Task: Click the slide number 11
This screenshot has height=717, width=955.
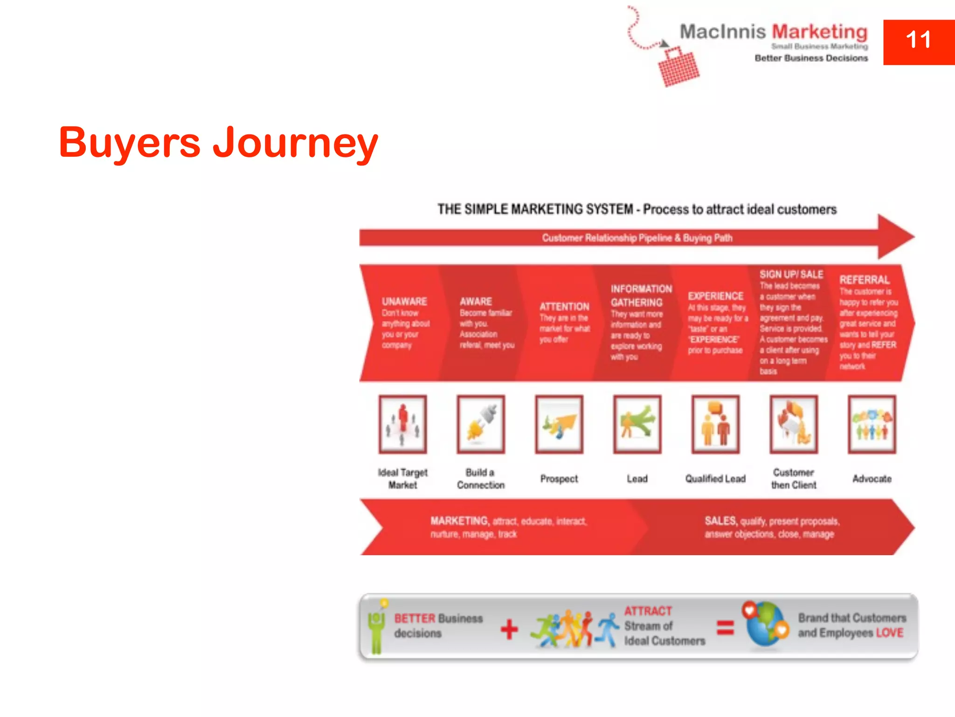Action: [x=918, y=41]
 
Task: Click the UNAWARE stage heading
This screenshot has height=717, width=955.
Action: [x=404, y=302]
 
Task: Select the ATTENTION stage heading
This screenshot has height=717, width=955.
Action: [x=564, y=307]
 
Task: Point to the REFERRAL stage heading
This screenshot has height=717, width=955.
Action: [x=865, y=280]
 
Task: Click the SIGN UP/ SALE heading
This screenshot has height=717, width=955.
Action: [x=791, y=274]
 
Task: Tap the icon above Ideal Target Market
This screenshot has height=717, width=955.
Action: [x=403, y=424]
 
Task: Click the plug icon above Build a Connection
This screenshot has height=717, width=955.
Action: [x=481, y=424]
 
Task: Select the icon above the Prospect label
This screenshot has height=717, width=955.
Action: [x=559, y=424]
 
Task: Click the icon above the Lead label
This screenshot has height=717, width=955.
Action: [x=637, y=424]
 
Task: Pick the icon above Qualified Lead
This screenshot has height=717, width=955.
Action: [x=715, y=424]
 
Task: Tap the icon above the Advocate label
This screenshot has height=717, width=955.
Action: [x=872, y=424]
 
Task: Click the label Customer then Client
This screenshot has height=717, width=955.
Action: [x=794, y=478]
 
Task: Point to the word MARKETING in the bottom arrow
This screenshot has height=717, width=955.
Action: [x=459, y=521]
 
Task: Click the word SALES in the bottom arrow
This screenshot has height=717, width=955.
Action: [x=721, y=521]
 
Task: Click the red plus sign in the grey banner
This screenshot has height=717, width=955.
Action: [x=509, y=629]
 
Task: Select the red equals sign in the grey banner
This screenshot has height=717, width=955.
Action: [x=725, y=627]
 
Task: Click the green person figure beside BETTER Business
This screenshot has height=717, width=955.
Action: [x=377, y=628]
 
